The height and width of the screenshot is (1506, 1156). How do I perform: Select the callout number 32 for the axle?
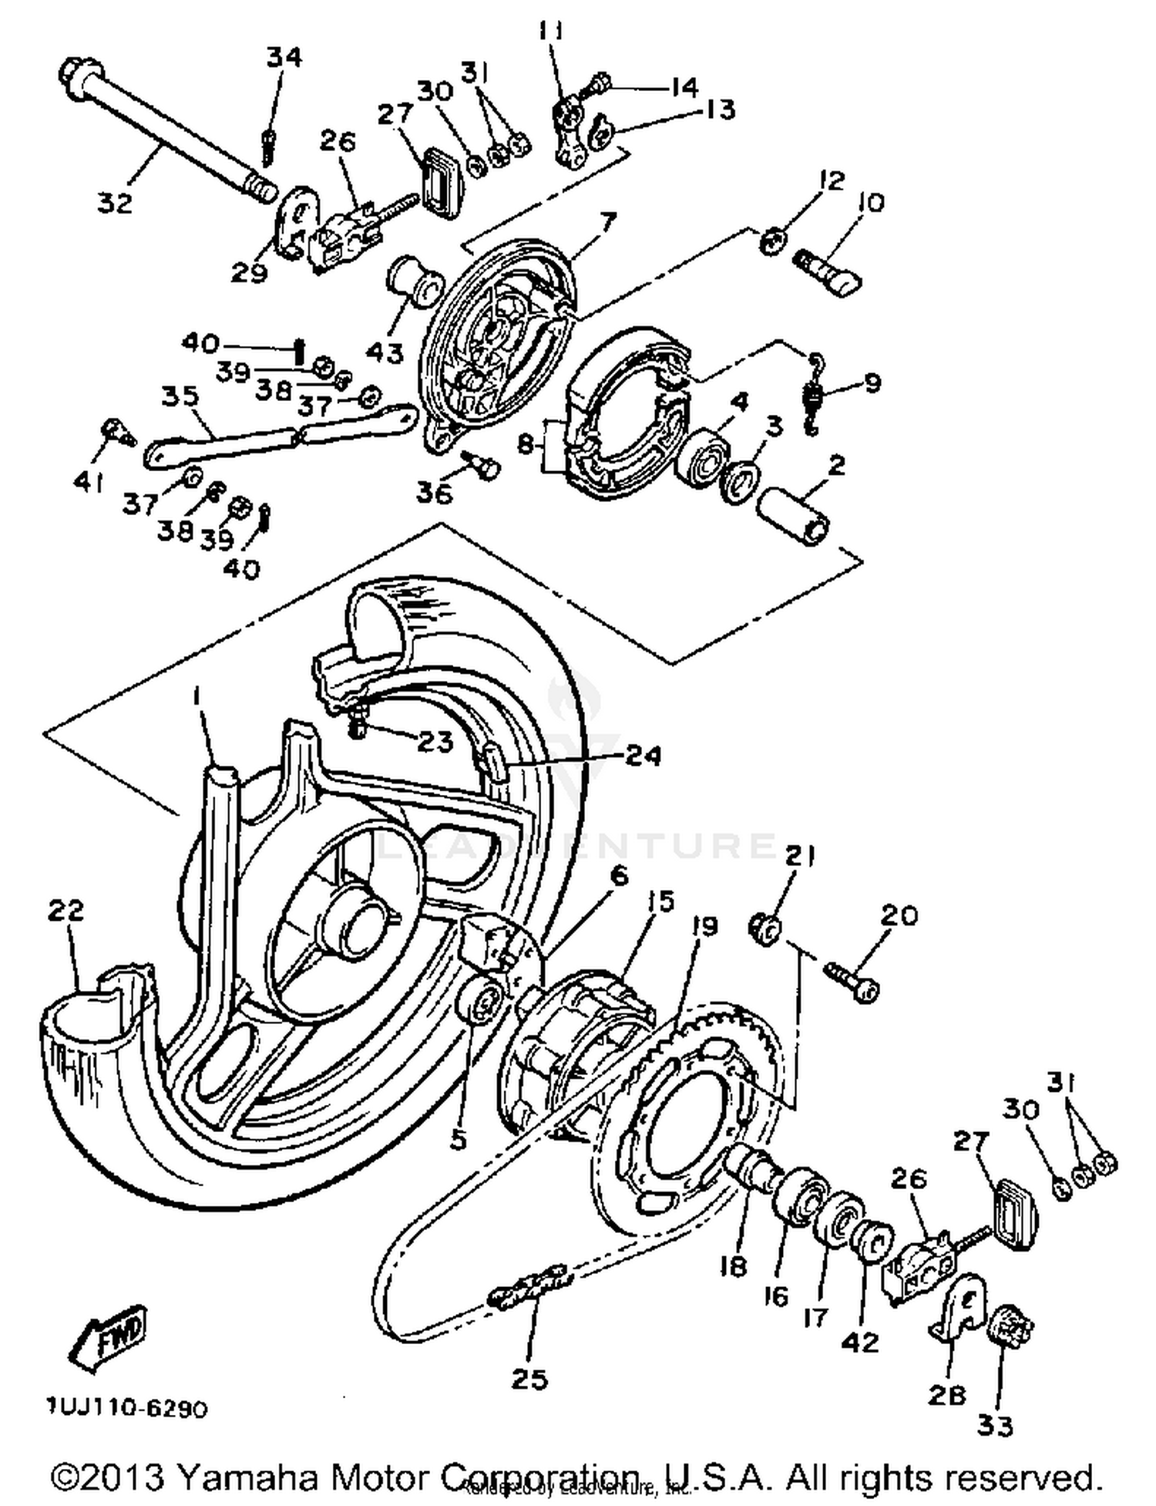[115, 203]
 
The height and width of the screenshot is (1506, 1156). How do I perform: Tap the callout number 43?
[385, 353]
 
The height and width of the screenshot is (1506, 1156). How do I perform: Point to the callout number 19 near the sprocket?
[704, 925]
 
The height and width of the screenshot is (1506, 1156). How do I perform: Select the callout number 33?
[994, 1426]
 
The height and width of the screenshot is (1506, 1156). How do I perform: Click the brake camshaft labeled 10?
[829, 271]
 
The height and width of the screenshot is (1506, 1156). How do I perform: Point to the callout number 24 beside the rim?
[642, 756]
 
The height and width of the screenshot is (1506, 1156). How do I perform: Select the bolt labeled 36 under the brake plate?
[484, 465]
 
